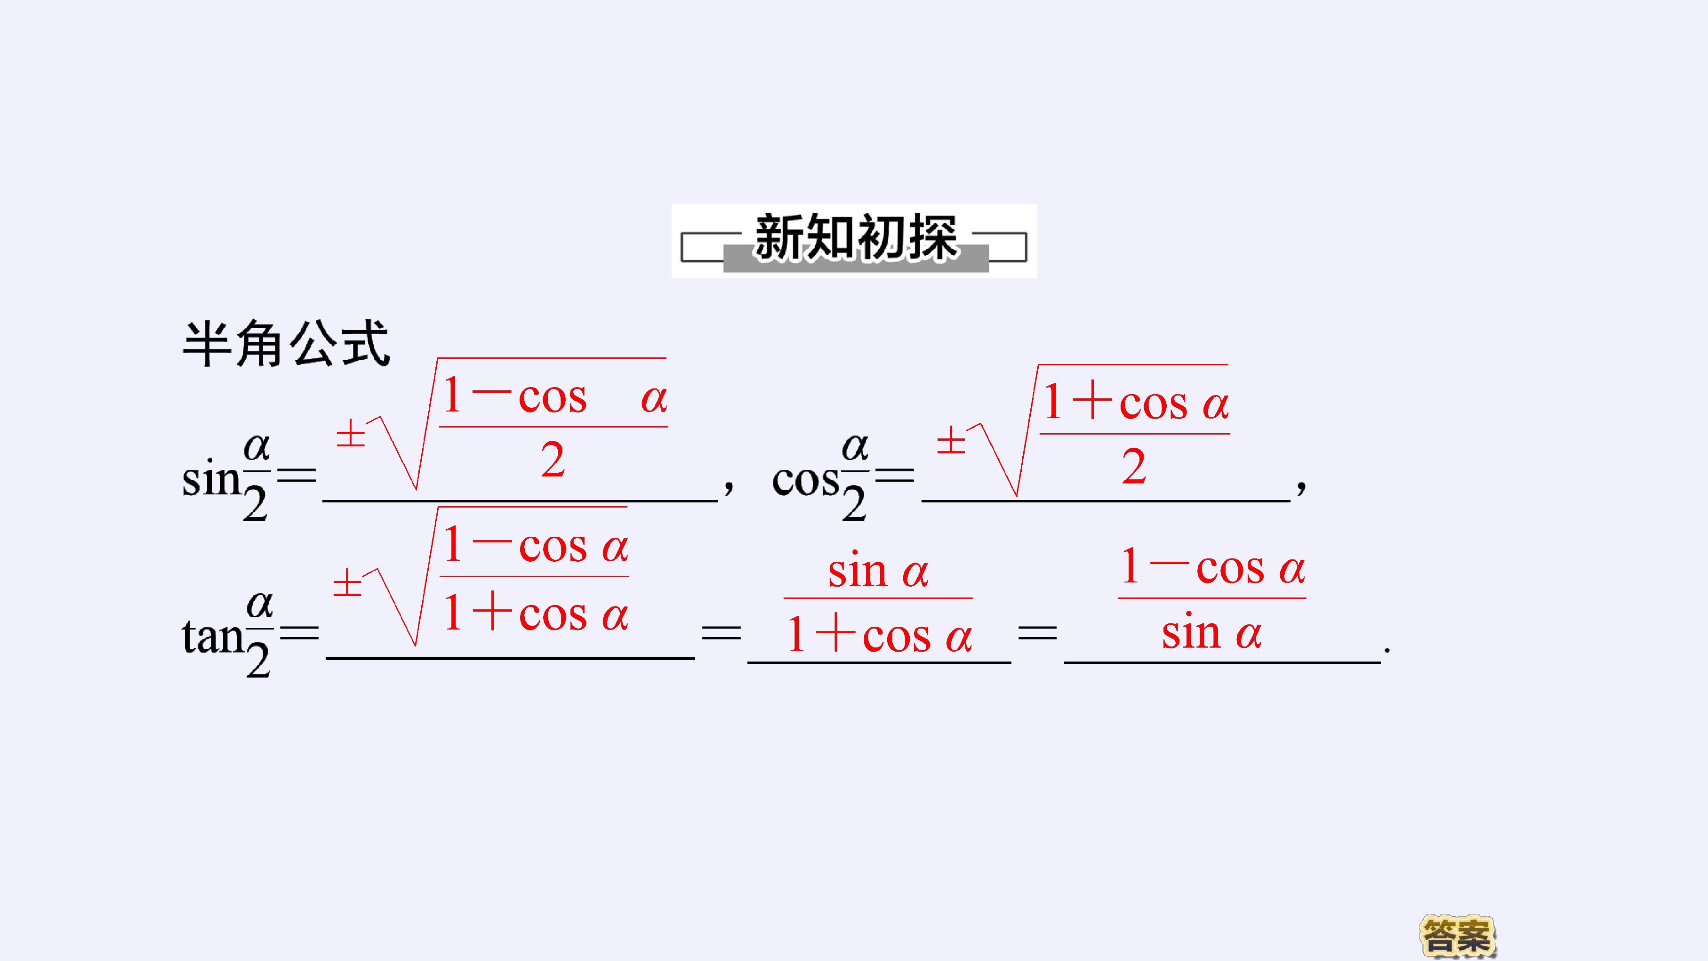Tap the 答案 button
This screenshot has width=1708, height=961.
(x=1457, y=936)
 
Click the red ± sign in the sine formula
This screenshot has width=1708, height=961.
(x=351, y=436)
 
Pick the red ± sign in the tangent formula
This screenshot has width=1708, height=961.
(x=347, y=584)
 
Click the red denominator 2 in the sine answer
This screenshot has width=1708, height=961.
(x=553, y=460)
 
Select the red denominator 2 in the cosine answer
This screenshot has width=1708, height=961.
(x=1134, y=466)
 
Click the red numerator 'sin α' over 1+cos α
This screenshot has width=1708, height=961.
(x=878, y=570)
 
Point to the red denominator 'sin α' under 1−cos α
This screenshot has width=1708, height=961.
(x=1211, y=631)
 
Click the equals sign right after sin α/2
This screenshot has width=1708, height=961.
(x=297, y=475)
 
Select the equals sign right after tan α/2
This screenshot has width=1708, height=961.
(x=299, y=631)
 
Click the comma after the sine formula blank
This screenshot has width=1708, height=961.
(x=728, y=487)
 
